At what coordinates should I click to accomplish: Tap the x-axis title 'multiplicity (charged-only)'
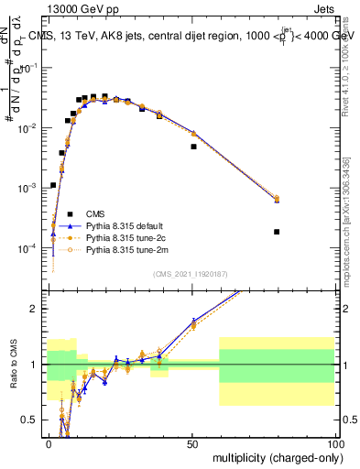coord(272,456)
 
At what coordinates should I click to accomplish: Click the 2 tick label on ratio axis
coord(35,309)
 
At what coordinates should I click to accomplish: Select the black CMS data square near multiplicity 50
coord(193,147)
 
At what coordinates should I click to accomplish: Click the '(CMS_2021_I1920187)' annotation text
coord(190,274)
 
